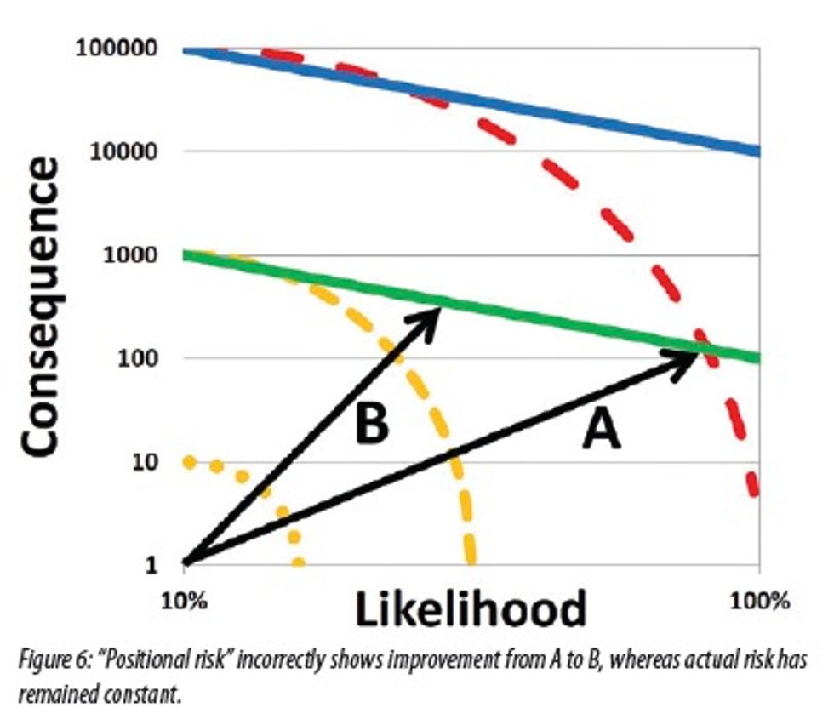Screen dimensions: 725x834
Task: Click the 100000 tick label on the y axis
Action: click(117, 48)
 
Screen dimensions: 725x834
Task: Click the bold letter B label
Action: click(371, 423)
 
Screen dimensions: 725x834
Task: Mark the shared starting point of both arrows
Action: click(186, 562)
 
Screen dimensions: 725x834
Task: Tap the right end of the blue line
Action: click(757, 151)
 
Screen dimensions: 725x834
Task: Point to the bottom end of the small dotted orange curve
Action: click(298, 562)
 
